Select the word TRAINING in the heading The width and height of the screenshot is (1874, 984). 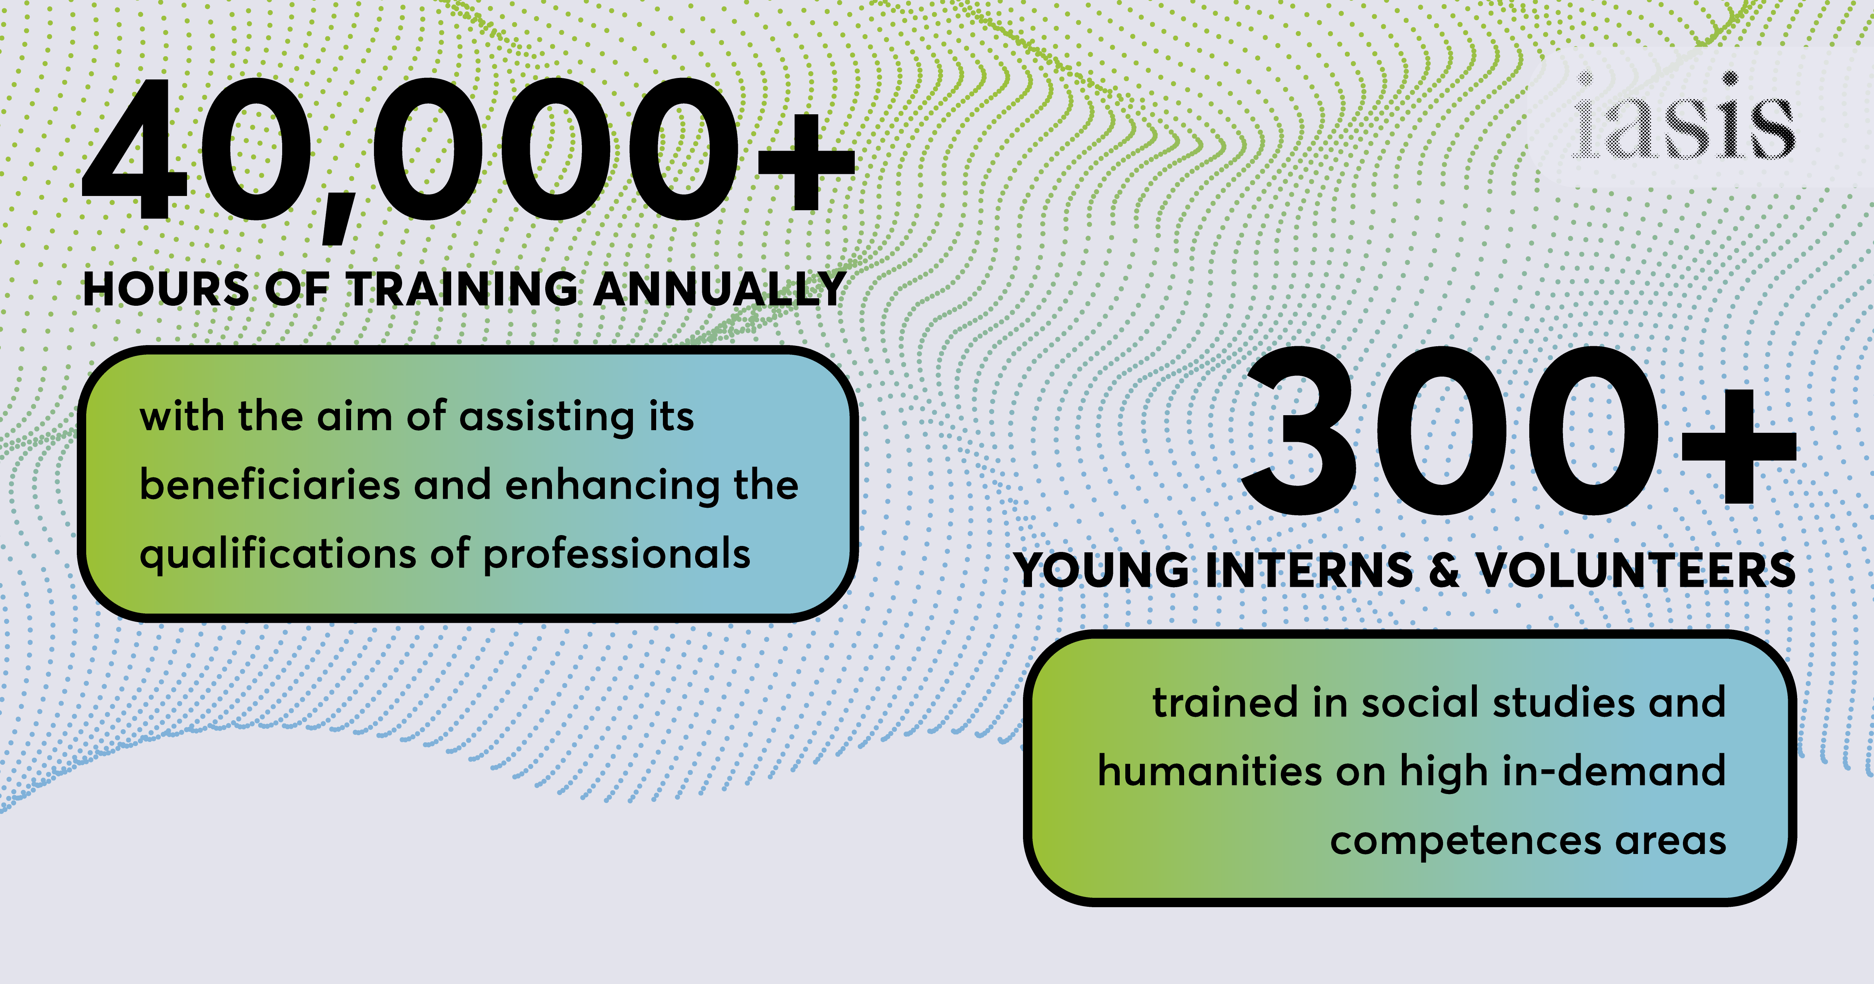[x=462, y=289]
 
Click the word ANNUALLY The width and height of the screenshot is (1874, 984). [x=720, y=289]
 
